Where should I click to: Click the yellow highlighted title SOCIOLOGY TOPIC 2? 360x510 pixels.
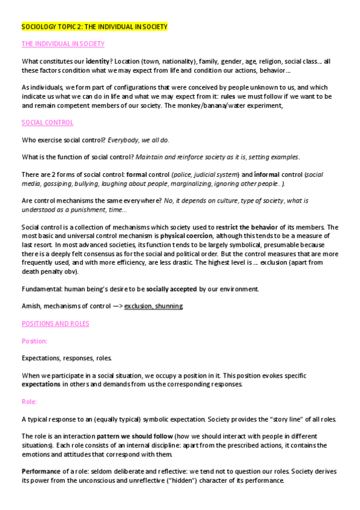coord(94,27)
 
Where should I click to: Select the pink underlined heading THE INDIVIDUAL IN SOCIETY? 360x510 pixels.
coord(63,44)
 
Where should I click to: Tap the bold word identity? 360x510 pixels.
coord(97,61)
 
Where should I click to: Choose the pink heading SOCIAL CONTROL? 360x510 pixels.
coord(47,123)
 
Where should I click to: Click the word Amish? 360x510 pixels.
coord(31,306)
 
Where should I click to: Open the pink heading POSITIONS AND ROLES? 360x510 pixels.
coord(55,324)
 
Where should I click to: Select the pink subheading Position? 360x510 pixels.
coord(34,341)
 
